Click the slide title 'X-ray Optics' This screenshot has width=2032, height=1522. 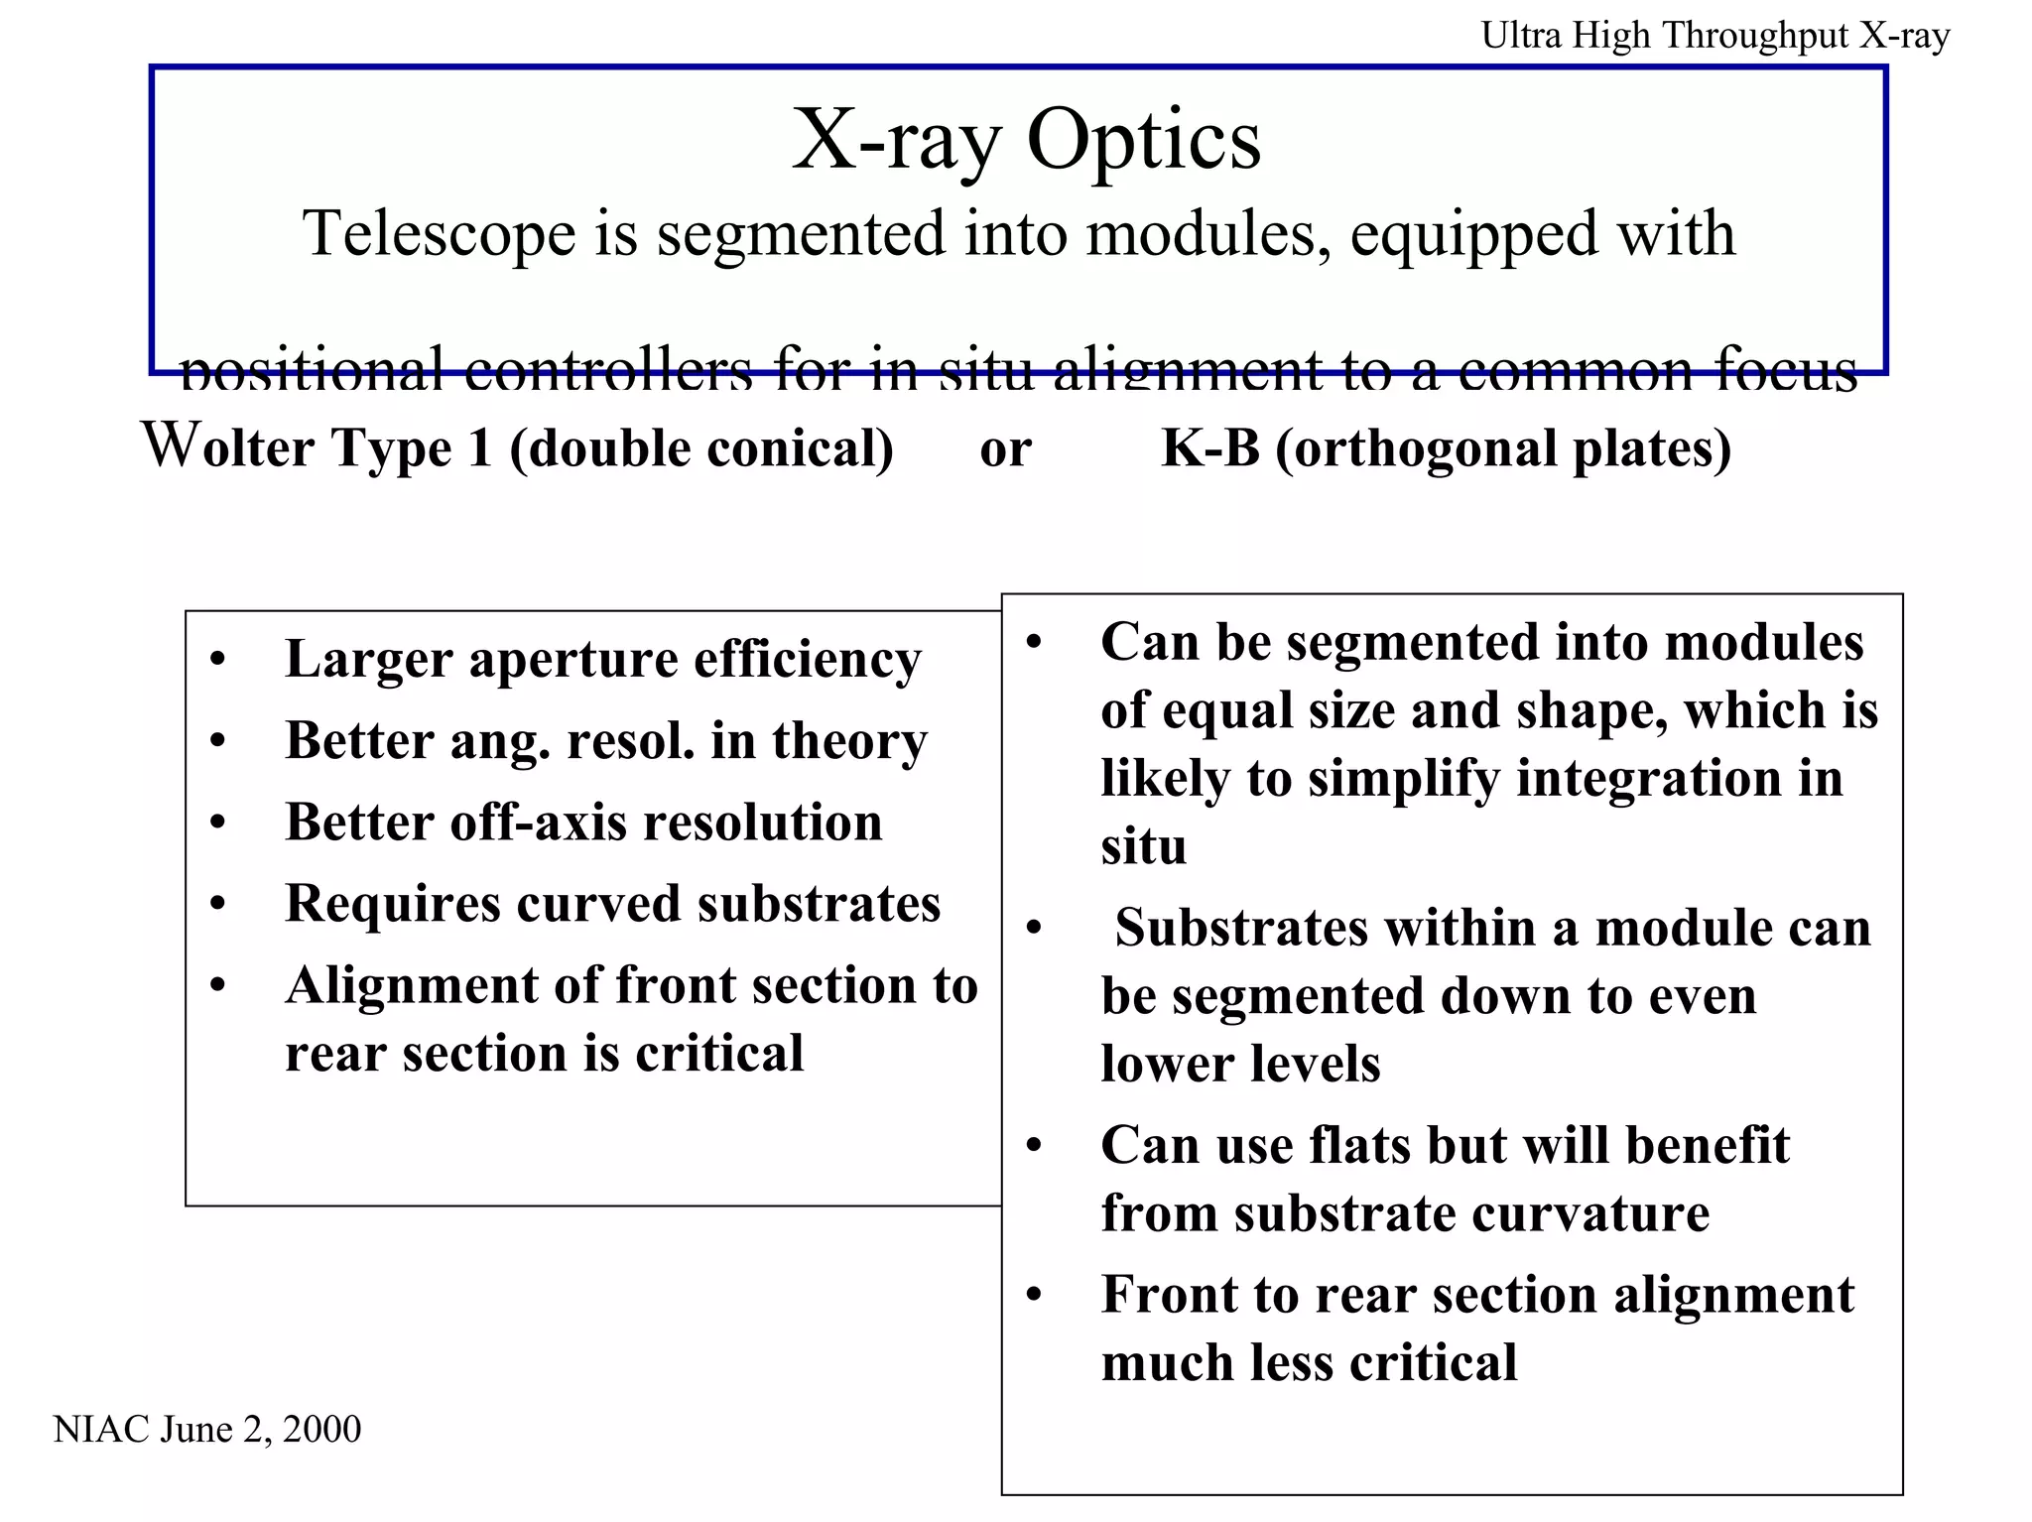click(x=1026, y=140)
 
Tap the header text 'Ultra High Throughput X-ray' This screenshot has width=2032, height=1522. click(x=1714, y=36)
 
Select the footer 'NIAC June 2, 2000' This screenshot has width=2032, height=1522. click(x=206, y=1429)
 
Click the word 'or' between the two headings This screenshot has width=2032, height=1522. click(x=1005, y=450)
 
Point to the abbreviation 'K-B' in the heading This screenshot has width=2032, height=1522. click(x=1209, y=447)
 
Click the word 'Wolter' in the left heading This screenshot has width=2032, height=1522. click(x=228, y=446)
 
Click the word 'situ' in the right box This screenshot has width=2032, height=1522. click(x=1143, y=847)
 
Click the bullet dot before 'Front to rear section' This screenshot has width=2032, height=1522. click(x=1034, y=1297)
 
